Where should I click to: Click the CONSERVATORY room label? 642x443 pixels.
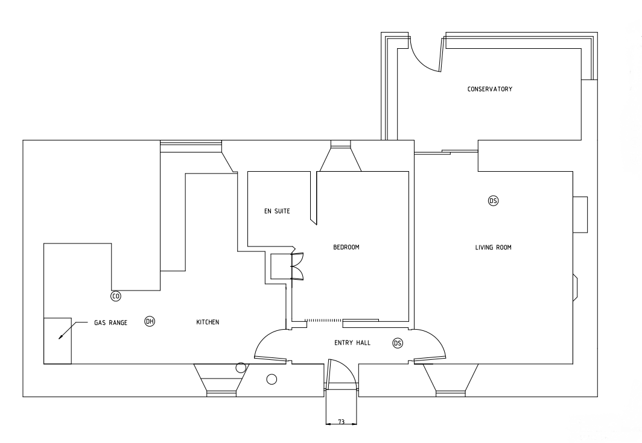[x=490, y=89]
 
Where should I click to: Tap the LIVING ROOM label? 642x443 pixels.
[x=493, y=247]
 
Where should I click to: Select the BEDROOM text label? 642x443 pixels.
[x=346, y=247]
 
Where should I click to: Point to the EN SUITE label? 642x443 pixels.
[x=277, y=211]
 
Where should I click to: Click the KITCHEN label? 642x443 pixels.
[x=208, y=322]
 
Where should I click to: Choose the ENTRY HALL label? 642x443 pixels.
[x=352, y=343]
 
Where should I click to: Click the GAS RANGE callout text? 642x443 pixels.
[x=110, y=322]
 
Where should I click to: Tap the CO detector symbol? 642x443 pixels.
[x=116, y=296]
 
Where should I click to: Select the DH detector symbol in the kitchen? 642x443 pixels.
[x=150, y=321]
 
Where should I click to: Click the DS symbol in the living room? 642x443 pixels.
[x=494, y=201]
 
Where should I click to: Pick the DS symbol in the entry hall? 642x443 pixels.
[x=398, y=343]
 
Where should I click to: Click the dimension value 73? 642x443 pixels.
[x=341, y=422]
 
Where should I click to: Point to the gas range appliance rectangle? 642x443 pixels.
[x=57, y=341]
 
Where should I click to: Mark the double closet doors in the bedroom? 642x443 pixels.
[x=297, y=266]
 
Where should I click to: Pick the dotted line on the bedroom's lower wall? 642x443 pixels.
[x=323, y=320]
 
